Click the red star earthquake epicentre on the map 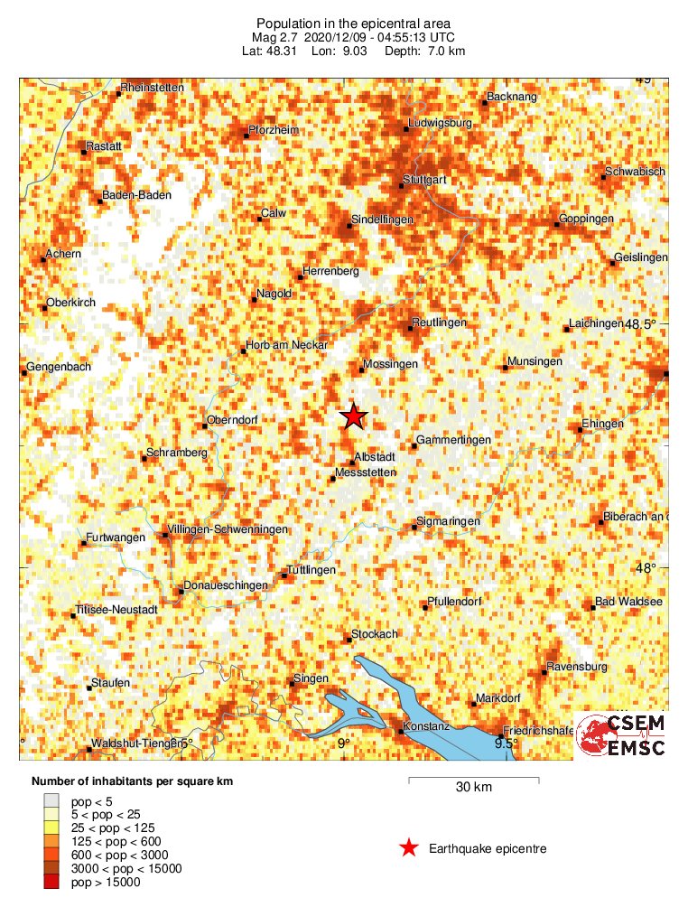click(353, 416)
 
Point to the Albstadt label click(377, 457)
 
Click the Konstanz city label click(426, 725)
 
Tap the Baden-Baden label click(135, 194)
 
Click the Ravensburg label click(576, 667)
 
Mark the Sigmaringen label click(447, 521)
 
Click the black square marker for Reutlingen click(409, 328)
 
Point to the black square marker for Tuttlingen click(284, 575)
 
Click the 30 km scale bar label click(473, 788)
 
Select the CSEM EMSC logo click(620, 735)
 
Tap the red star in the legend click(409, 847)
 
